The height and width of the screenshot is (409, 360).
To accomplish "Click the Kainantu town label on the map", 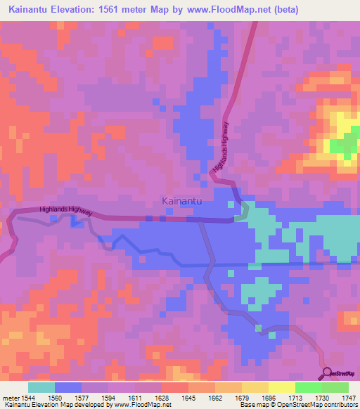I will (182, 202).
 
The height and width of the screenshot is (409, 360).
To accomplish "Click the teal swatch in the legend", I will (41, 387).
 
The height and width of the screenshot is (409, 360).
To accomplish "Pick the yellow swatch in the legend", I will (282, 387).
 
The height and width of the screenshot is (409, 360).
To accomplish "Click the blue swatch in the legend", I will (68, 387).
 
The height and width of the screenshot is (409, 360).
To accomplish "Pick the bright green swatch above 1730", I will (309, 387).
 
